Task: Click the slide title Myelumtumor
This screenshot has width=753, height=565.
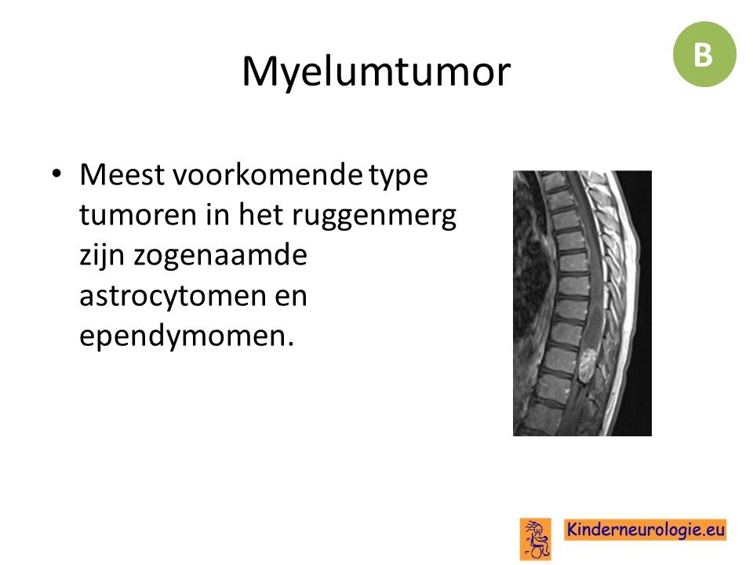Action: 376,72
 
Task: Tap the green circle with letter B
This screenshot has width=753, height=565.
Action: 704,54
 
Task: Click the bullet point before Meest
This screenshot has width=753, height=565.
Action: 56,173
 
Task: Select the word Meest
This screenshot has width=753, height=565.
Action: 122,174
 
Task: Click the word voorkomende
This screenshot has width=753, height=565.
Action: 267,174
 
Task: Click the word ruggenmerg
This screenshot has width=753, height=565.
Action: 373,217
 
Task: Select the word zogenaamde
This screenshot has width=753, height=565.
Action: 220,256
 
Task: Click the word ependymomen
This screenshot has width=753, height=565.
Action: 183,337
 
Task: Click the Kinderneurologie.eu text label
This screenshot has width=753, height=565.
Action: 646,530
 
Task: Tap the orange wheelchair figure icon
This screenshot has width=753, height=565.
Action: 536,539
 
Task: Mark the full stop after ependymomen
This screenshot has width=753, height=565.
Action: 290,344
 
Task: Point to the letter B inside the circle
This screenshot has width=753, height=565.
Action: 703,54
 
